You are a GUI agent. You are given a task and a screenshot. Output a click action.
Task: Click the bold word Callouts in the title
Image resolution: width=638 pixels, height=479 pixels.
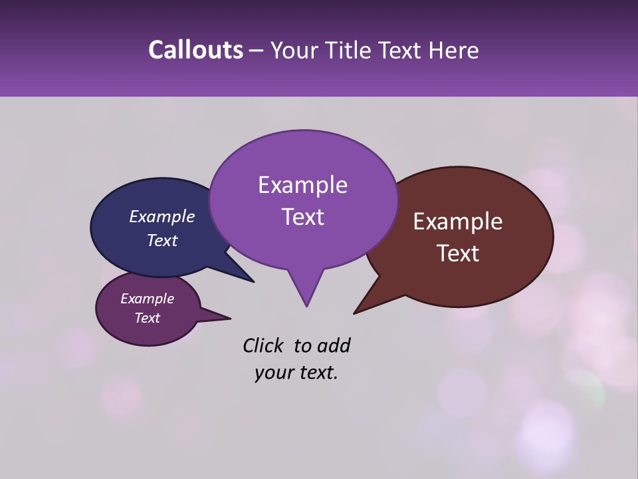pyautogui.click(x=195, y=50)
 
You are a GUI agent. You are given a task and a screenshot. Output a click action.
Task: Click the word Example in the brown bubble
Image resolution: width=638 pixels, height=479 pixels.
pyautogui.click(x=458, y=222)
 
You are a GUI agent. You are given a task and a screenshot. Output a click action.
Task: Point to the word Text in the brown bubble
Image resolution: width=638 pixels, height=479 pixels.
pyautogui.click(x=458, y=253)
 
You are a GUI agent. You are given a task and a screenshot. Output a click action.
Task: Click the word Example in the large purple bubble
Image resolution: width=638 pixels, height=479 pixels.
pyautogui.click(x=302, y=185)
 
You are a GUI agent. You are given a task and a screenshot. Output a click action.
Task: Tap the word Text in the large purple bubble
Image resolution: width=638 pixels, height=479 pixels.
pyautogui.click(x=302, y=217)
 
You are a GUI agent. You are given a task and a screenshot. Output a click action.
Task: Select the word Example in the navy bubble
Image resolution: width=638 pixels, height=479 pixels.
pyautogui.click(x=162, y=216)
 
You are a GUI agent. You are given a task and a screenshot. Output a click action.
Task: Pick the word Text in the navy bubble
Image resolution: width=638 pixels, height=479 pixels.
pyautogui.click(x=162, y=240)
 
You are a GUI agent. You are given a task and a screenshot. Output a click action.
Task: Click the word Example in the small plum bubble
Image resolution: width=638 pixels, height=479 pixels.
pyautogui.click(x=147, y=299)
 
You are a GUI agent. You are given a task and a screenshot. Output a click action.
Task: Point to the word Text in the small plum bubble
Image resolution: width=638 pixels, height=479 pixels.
pyautogui.click(x=147, y=318)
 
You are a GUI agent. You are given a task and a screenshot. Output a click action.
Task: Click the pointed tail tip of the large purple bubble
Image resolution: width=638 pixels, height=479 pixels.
pyautogui.click(x=306, y=305)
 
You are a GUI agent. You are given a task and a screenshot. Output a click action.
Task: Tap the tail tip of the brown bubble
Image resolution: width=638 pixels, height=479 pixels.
pyautogui.click(x=355, y=313)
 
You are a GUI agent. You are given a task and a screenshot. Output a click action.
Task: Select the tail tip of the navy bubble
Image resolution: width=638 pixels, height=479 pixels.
pyautogui.click(x=253, y=281)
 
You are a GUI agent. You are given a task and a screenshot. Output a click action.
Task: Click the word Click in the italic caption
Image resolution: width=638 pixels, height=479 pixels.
pyautogui.click(x=263, y=345)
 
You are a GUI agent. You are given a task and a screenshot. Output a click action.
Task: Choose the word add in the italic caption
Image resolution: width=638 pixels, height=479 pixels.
pyautogui.click(x=334, y=345)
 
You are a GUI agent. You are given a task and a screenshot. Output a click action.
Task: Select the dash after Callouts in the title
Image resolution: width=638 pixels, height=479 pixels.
pyautogui.click(x=257, y=51)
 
